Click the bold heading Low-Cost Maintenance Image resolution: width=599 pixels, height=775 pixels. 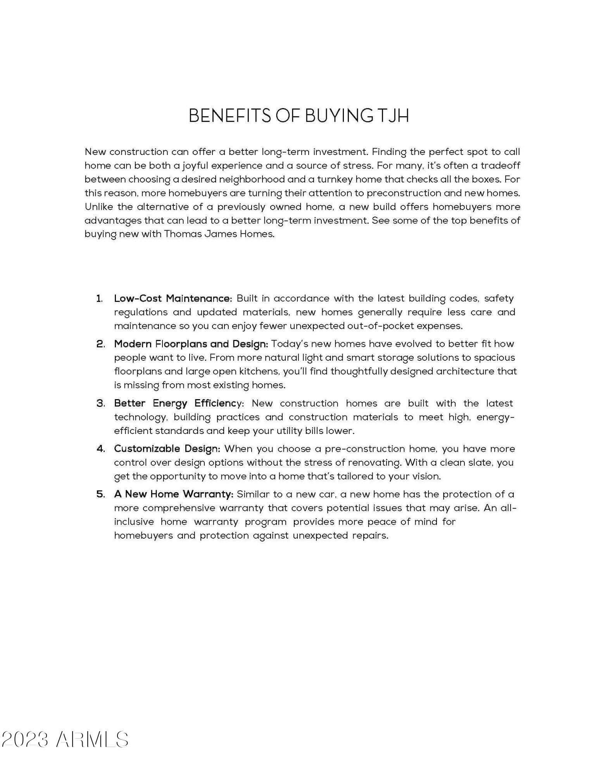coord(173,298)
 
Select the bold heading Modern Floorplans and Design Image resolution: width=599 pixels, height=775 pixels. coord(191,344)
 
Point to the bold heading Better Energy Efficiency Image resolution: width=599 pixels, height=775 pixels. coord(178,403)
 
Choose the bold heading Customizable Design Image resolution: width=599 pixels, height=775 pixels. coord(167,449)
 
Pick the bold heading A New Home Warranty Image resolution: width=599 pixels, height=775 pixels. coord(173,494)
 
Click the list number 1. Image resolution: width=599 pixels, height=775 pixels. coord(100,298)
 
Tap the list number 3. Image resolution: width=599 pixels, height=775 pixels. coord(100,403)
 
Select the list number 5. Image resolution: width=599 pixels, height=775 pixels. coord(100,494)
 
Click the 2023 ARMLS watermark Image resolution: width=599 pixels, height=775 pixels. coord(65,739)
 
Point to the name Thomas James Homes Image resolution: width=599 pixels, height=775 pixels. coord(219,234)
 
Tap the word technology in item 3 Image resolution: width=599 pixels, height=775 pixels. coord(141,417)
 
